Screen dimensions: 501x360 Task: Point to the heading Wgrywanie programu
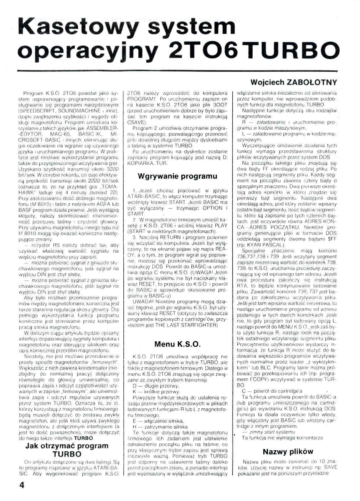point(177,176)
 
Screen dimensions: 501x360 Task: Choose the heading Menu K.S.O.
point(177,344)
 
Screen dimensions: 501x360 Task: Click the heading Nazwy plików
point(288,452)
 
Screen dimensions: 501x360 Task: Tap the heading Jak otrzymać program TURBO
point(67,450)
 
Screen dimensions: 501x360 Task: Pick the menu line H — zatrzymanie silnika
point(160,426)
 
